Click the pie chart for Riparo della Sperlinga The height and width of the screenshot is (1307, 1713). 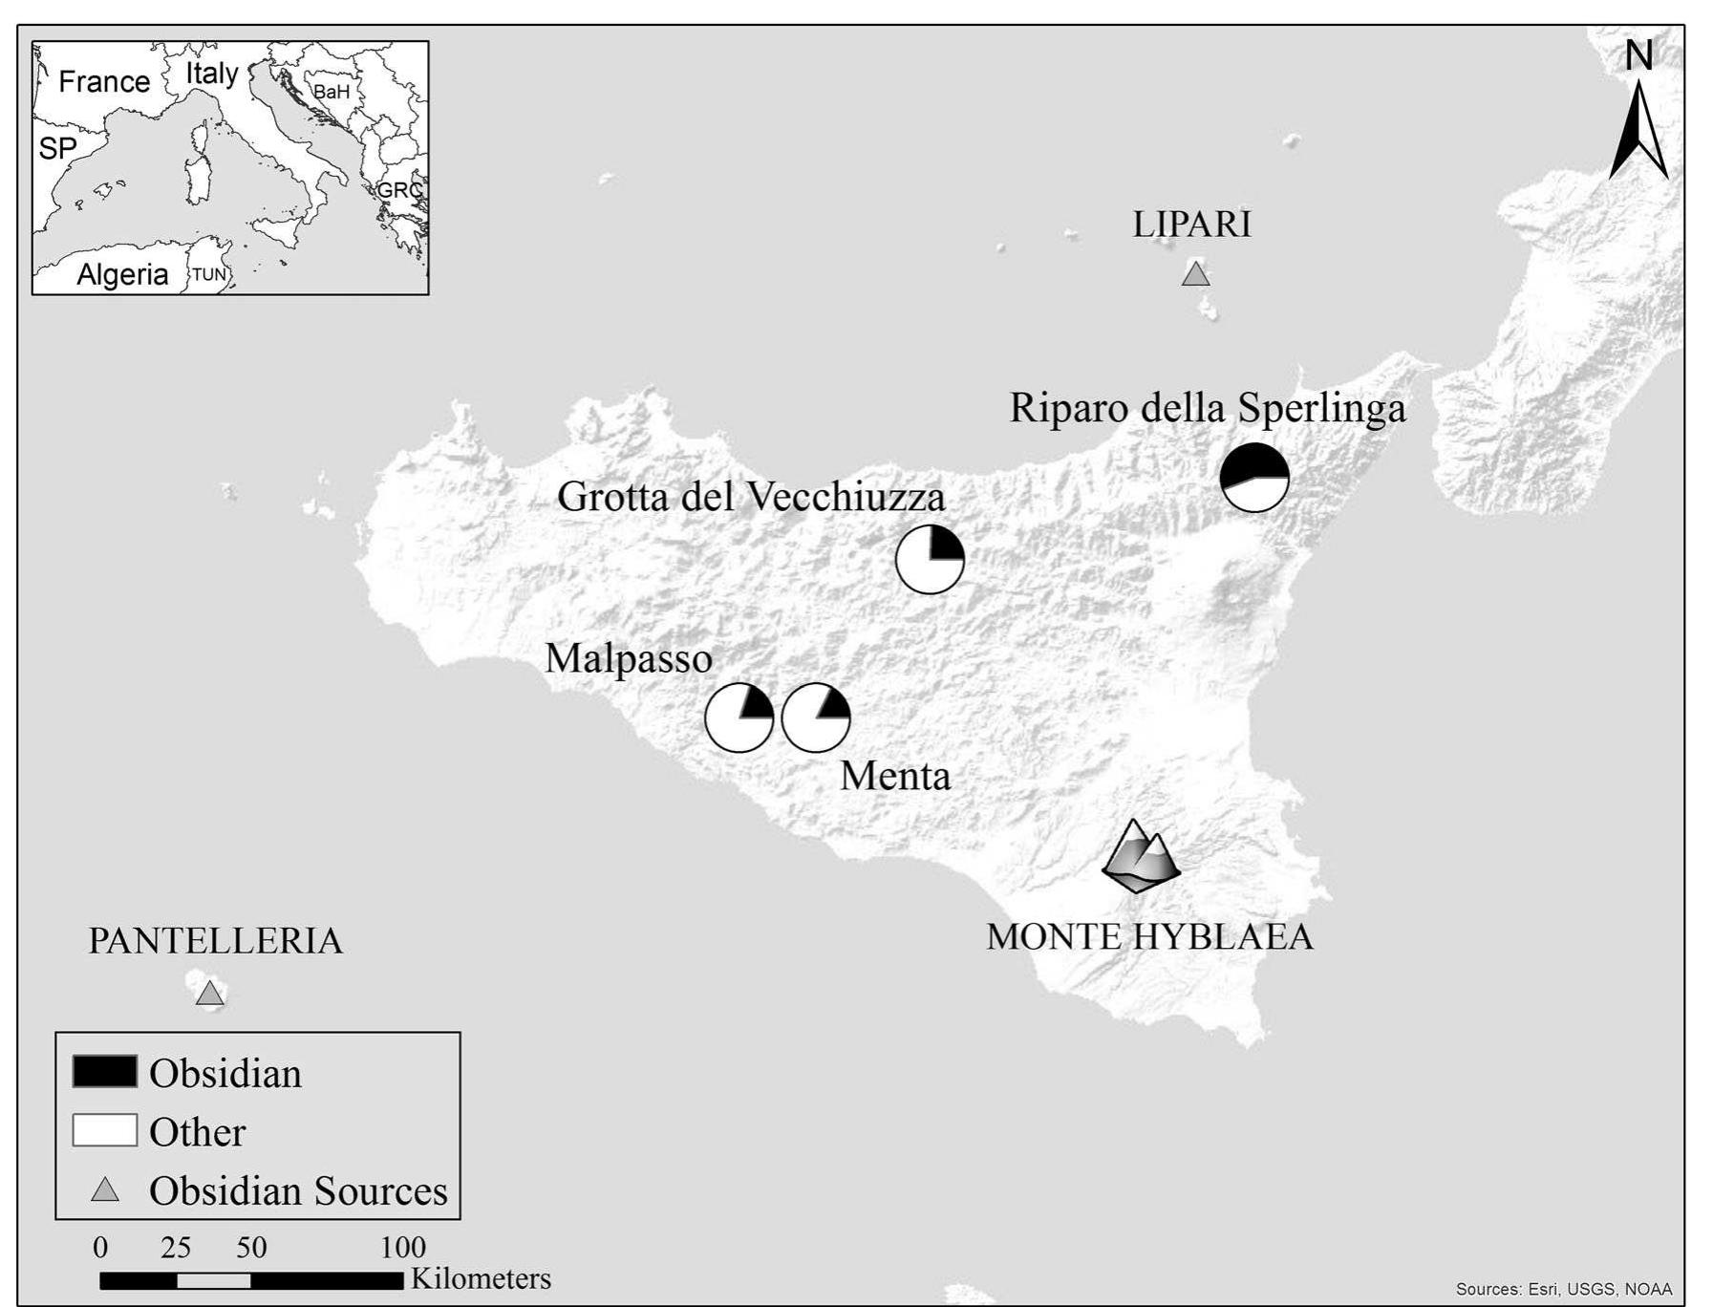1254,477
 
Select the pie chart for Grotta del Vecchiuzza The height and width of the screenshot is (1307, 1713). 930,559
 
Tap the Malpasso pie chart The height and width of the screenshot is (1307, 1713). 739,718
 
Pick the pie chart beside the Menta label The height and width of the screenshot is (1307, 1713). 816,718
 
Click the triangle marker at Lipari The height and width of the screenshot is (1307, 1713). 1195,275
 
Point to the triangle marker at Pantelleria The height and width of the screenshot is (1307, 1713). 209,995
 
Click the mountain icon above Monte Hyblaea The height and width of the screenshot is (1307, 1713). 1140,856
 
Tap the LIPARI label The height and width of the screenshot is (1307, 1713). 1191,225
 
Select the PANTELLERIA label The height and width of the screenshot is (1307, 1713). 215,941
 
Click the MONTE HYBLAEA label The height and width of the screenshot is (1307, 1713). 1149,936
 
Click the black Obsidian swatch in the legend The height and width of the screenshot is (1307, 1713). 104,1072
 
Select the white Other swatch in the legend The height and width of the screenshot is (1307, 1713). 104,1130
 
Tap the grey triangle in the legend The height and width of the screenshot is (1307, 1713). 104,1190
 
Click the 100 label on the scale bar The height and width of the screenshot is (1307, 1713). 403,1247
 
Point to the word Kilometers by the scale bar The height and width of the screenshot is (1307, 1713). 481,1278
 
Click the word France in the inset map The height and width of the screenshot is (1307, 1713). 103,81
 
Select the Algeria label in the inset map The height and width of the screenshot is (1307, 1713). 122,274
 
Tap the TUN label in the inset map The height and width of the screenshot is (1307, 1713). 209,275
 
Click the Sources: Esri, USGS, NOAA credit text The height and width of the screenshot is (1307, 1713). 1563,1289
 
